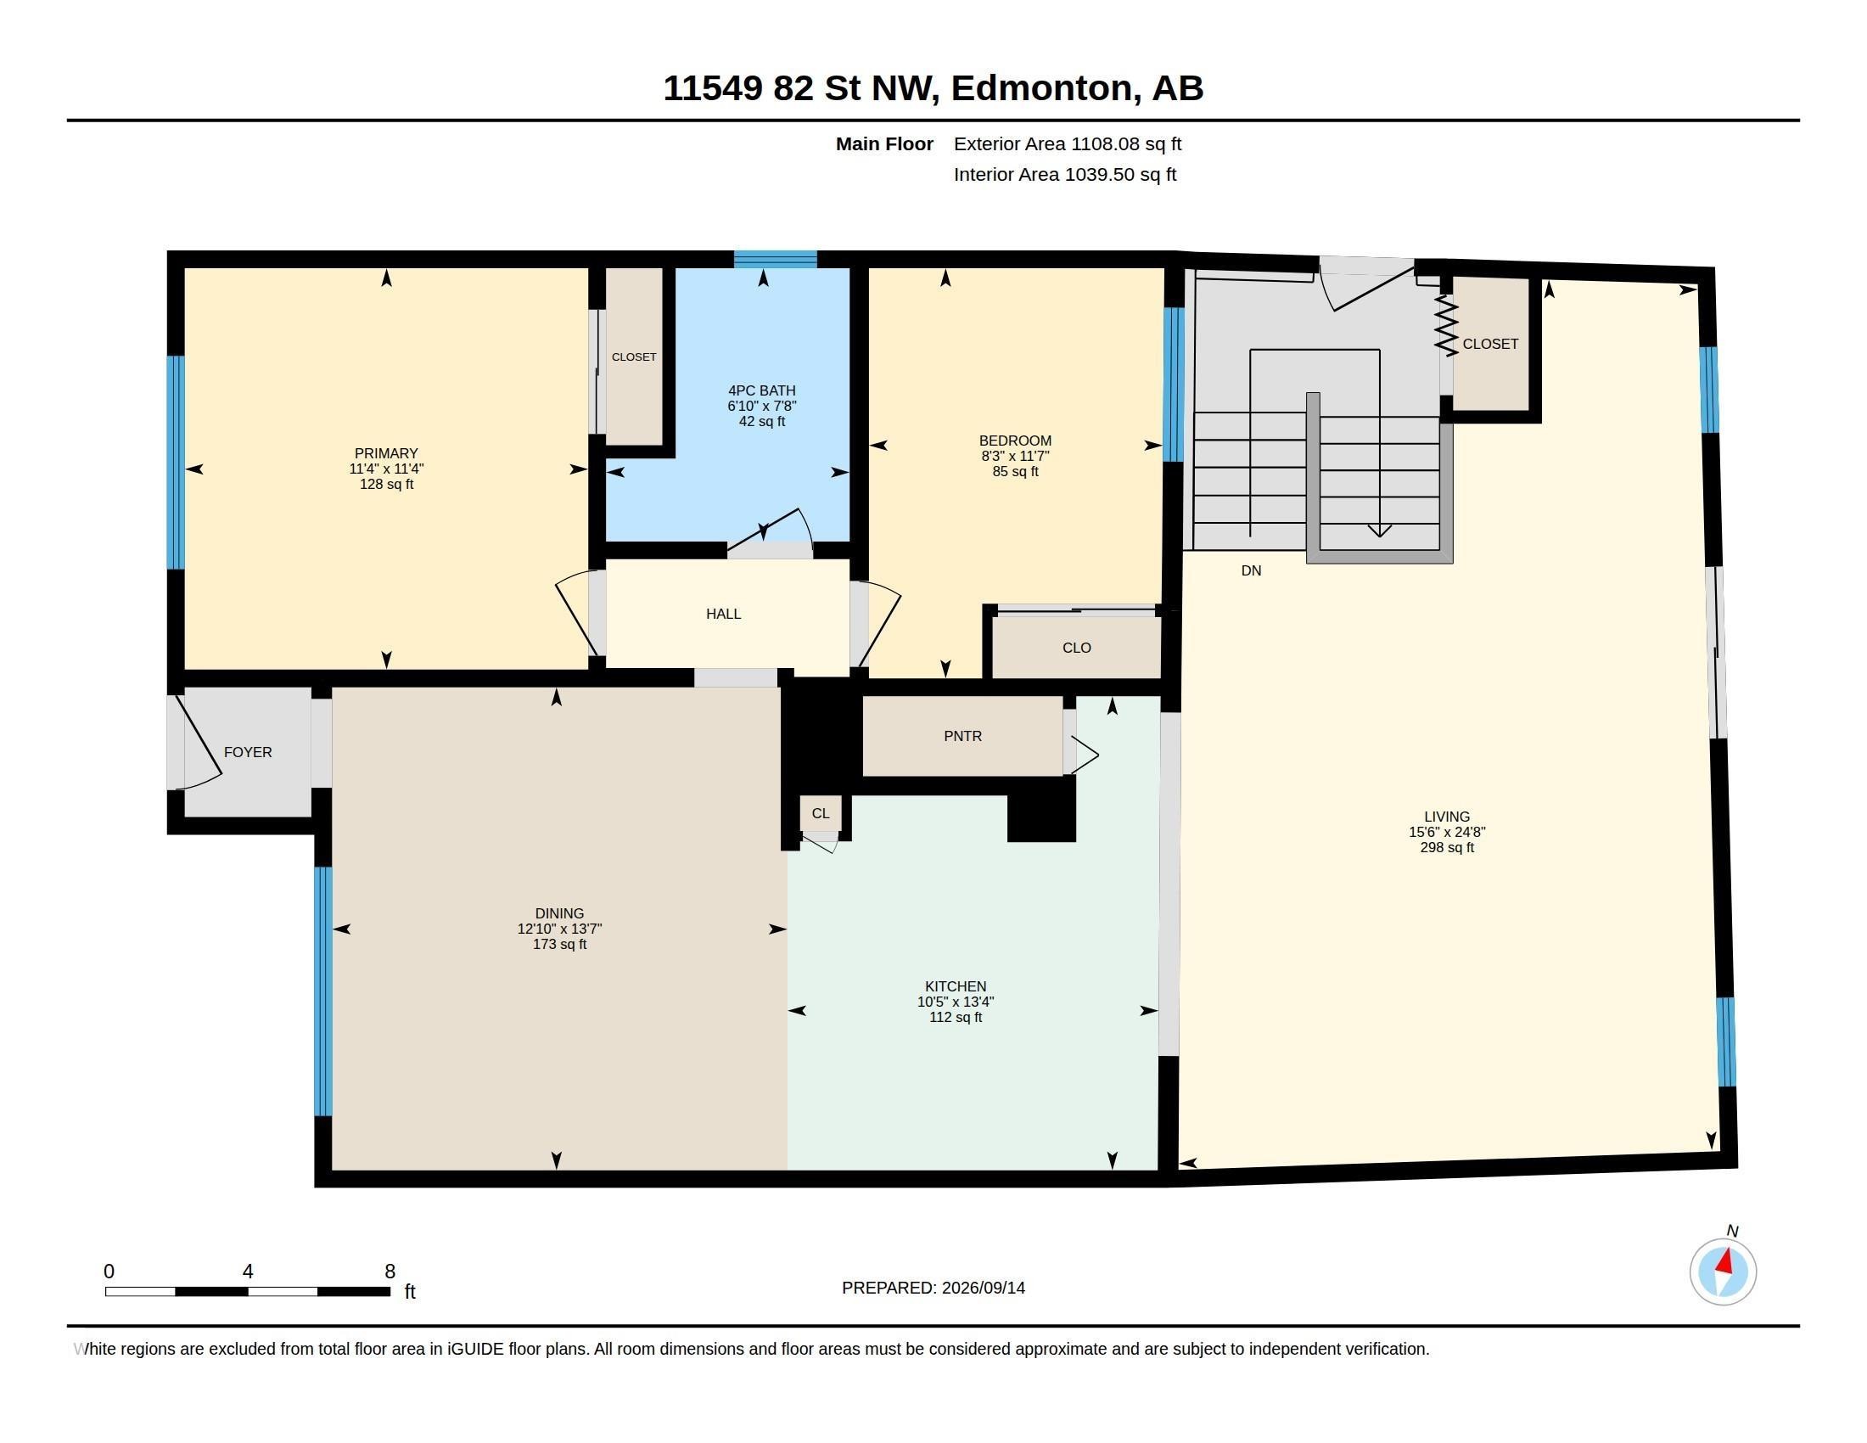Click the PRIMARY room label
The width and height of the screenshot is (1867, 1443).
coord(386,453)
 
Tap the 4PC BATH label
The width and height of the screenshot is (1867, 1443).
coord(762,390)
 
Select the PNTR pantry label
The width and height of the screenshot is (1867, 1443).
coord(962,736)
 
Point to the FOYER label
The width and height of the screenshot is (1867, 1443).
coord(248,752)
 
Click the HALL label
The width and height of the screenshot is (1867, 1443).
coord(723,614)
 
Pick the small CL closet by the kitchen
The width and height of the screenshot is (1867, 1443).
coord(821,814)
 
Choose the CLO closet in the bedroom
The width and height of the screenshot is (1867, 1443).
coord(1076,647)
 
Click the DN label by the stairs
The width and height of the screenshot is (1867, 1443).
coord(1251,570)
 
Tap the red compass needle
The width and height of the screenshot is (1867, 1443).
coord(1725,1261)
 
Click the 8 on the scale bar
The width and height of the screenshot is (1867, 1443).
coord(390,1272)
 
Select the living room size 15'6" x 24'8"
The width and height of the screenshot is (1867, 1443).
coord(1447,832)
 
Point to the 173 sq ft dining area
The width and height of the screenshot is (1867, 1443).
coord(559,944)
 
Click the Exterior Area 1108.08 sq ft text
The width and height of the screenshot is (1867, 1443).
coord(1068,143)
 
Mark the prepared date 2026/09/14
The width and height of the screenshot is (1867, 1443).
coord(983,1288)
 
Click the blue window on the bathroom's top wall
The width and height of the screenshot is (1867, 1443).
coord(776,259)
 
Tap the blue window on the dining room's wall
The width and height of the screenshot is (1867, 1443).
coord(323,991)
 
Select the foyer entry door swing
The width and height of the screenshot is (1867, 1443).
coord(199,741)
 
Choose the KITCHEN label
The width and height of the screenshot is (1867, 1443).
coord(956,985)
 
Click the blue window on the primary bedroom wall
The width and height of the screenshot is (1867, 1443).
coord(176,463)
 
